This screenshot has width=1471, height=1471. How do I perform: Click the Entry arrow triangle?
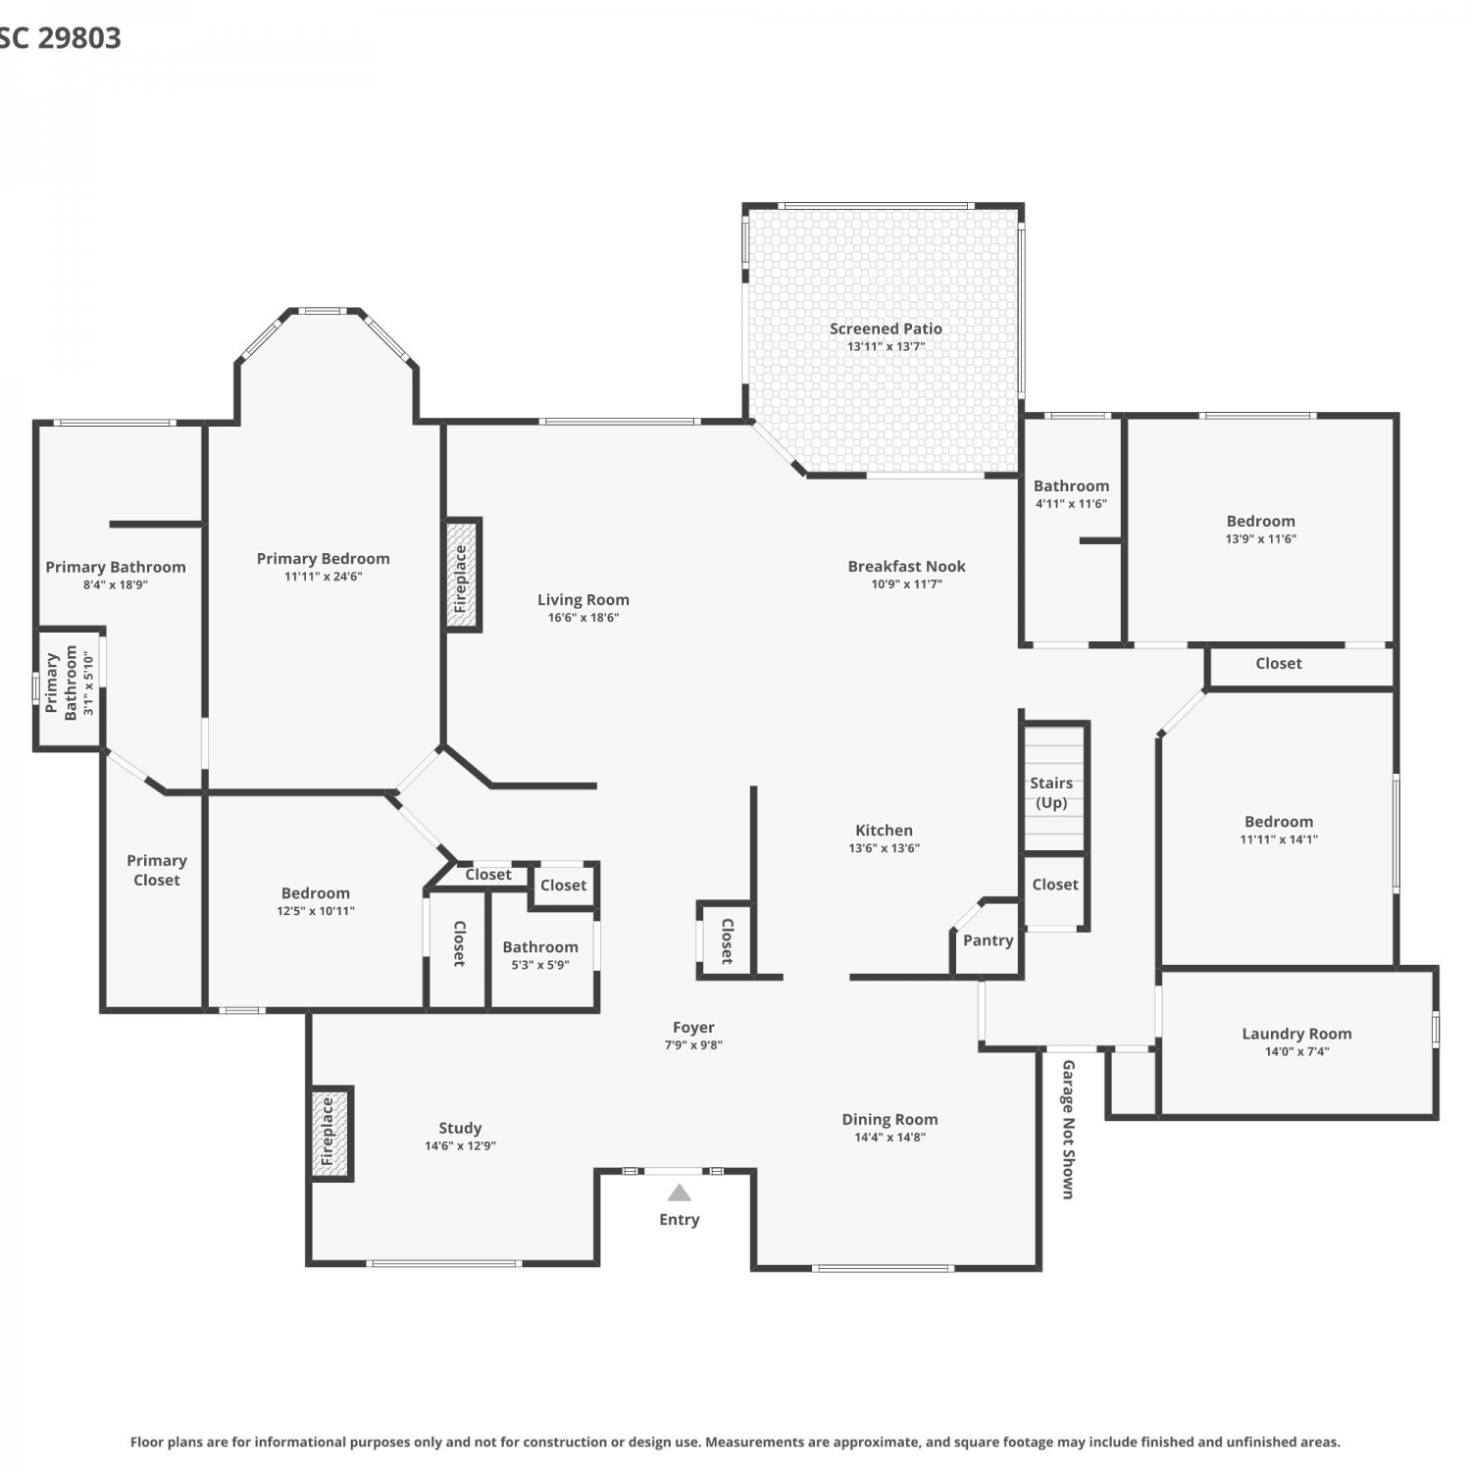680,1193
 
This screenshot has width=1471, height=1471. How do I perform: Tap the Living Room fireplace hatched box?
462,575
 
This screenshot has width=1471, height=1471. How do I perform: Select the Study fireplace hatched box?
330,1134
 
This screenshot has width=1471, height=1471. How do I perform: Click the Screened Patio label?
886,329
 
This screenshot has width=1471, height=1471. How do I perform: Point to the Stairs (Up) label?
1051,792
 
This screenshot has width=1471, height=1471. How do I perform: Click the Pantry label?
988,940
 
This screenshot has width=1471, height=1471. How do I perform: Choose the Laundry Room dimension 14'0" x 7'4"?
1296,1051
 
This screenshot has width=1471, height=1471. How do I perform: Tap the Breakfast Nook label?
906,566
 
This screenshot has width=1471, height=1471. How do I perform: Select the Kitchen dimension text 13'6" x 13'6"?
884,848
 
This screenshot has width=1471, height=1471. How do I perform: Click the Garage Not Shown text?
1068,1129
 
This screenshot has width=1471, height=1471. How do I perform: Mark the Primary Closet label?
157,870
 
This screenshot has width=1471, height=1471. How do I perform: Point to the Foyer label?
693,1027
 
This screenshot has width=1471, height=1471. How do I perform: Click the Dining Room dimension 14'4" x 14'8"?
889,1138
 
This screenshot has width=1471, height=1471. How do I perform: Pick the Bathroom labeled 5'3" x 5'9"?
540,946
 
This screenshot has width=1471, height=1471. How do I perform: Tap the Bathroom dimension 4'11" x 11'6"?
1071,504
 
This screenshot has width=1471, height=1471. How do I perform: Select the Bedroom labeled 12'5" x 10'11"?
316,892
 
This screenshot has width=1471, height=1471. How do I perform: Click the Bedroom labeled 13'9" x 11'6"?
1260,521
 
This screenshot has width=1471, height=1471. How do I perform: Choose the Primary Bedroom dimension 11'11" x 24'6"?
323,577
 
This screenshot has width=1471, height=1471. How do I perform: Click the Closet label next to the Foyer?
728,941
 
